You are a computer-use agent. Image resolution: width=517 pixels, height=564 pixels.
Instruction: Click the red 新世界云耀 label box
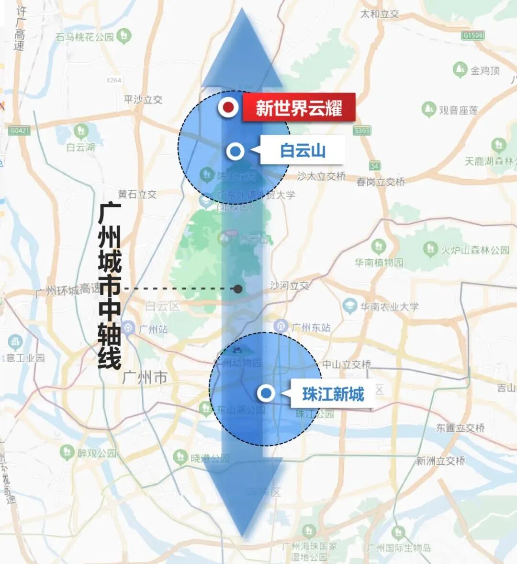point(299,107)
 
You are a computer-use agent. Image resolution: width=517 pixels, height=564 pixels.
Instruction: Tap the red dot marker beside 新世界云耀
point(229,107)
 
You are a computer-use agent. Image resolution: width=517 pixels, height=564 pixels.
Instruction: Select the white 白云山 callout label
point(303,150)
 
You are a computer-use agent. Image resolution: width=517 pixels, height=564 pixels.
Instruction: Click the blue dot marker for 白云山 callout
point(235,151)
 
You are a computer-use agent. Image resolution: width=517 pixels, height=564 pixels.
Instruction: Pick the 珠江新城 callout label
point(333,394)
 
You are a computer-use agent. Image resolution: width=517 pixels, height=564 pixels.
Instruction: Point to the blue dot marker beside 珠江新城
point(266,393)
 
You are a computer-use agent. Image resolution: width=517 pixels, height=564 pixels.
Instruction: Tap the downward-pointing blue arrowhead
point(243,498)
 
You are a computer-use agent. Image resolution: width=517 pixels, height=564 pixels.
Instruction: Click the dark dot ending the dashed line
point(238,288)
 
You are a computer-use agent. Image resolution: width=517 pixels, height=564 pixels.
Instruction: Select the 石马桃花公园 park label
point(85,36)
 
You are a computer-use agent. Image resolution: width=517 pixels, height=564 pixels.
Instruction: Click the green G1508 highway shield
point(473,35)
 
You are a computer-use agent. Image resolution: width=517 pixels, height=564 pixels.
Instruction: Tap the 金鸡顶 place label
point(485,70)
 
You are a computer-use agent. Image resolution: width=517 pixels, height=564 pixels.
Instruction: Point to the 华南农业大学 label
point(389,306)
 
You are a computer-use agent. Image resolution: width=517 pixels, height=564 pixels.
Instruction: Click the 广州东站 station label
point(311,327)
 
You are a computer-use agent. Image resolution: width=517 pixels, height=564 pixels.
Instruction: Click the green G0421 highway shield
point(19,130)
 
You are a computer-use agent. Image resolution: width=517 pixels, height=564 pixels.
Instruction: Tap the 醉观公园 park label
point(97,452)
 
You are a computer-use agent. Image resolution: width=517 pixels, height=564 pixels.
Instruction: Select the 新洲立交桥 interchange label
point(440,461)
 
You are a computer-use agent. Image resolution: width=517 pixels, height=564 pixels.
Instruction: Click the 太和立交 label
point(380,14)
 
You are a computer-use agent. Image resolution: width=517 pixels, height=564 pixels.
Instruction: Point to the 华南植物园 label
point(379,262)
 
